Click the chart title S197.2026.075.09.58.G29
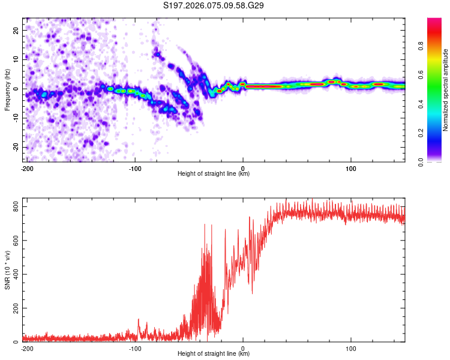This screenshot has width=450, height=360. [x=214, y=5]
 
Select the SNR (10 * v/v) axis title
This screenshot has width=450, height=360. [x=7, y=271]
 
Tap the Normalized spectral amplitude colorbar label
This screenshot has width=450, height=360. [x=446, y=90]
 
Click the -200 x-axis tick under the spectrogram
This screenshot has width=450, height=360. [x=27, y=168]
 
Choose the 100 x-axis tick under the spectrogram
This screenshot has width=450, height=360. [x=351, y=168]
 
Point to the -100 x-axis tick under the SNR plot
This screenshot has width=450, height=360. [x=135, y=348]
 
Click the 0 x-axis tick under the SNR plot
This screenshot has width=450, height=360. [x=243, y=348]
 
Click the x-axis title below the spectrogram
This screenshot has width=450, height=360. [x=214, y=174]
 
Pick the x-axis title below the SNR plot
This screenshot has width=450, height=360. [x=214, y=354]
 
